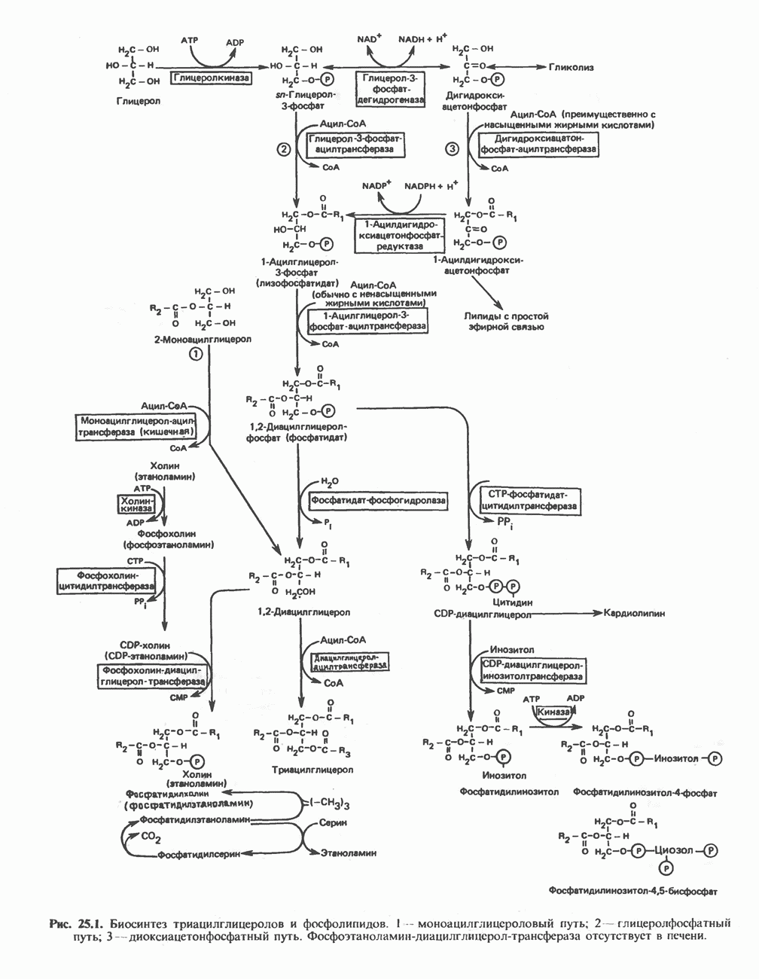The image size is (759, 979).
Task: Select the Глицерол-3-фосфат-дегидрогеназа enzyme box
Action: point(390,88)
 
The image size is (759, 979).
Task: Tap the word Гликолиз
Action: point(571,67)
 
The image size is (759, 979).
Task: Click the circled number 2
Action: point(284,149)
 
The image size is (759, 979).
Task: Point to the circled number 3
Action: point(452,149)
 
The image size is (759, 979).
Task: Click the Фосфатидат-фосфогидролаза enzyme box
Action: point(374,500)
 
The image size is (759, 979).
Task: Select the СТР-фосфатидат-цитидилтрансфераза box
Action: point(529,500)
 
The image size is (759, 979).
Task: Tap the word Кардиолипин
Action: point(634,613)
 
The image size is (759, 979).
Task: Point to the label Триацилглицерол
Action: point(312,770)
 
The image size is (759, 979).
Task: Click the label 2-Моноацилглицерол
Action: point(203,339)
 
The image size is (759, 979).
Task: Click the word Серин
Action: point(333,823)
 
